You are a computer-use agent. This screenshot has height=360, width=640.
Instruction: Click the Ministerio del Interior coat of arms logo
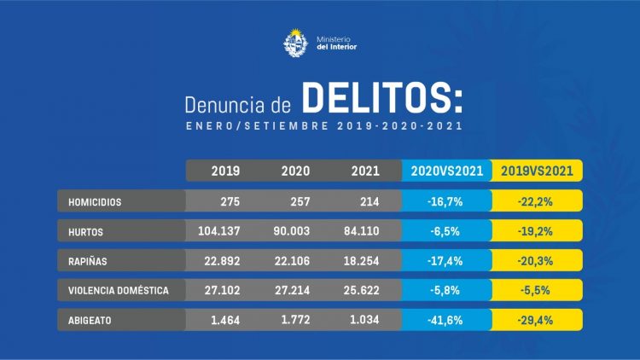[x=295, y=42]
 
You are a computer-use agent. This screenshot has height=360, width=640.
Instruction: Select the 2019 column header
[x=225, y=171]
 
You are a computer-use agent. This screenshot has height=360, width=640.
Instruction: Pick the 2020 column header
[x=295, y=171]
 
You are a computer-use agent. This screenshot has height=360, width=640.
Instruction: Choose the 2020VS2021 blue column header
[x=446, y=171]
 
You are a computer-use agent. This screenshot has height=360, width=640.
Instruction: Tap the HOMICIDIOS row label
[x=95, y=202]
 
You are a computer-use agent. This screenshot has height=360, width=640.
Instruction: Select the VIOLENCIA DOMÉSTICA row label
[x=118, y=291]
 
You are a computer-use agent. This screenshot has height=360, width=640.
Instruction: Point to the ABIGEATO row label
[x=90, y=320]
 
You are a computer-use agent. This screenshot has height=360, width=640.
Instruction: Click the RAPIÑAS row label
[x=88, y=261]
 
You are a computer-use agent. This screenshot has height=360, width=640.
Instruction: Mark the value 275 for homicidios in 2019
[x=225, y=202]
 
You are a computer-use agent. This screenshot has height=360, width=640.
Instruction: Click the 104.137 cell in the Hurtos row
[x=217, y=232]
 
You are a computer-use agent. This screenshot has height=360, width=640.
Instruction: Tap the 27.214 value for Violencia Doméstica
[x=290, y=291]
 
